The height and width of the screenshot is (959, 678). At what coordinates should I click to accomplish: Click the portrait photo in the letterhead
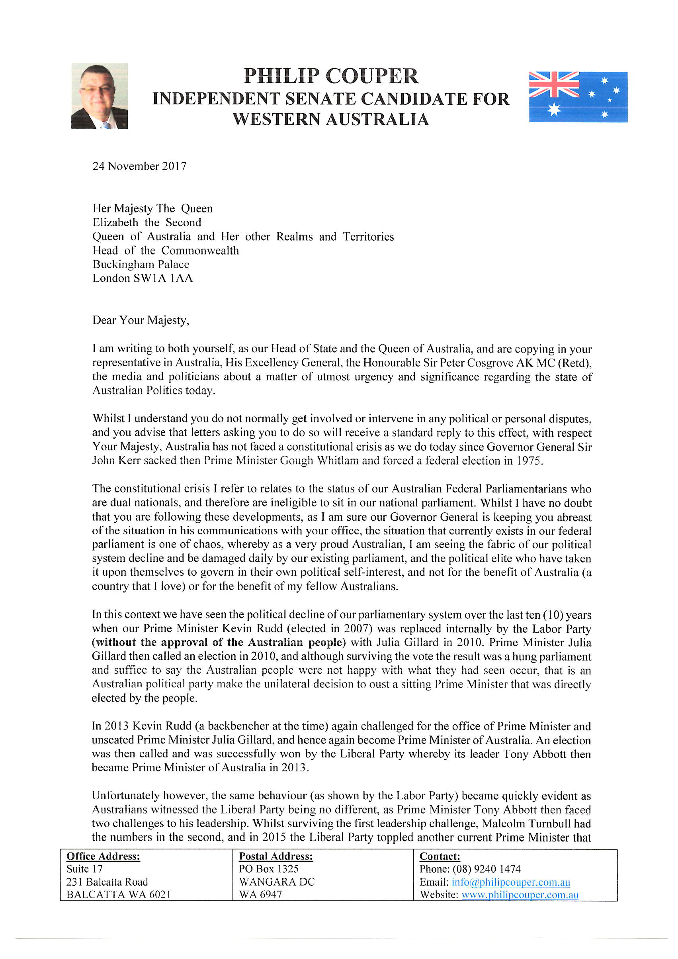[100, 96]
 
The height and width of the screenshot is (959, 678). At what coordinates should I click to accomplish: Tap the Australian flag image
[578, 97]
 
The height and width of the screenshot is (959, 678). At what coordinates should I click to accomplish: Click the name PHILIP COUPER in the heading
[331, 76]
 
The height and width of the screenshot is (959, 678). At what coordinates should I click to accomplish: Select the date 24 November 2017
[139, 166]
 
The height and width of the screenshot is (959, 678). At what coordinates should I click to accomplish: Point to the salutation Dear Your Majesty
[141, 320]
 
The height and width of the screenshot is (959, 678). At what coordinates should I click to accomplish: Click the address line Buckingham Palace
[141, 265]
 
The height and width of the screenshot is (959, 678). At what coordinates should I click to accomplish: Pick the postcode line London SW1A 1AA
[143, 278]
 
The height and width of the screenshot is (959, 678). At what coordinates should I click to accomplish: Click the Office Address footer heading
[103, 857]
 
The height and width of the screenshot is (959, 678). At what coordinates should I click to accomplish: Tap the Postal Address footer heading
[275, 857]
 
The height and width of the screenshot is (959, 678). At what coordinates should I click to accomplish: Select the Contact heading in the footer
[440, 857]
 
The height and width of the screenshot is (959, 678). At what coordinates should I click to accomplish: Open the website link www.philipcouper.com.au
[520, 895]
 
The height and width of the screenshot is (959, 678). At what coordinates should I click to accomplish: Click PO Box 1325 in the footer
[268, 869]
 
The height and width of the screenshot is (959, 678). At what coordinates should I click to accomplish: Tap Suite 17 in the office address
[84, 869]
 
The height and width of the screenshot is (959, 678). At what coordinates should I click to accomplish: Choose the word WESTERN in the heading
[277, 120]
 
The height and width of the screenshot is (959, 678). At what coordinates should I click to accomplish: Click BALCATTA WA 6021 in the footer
[119, 895]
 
